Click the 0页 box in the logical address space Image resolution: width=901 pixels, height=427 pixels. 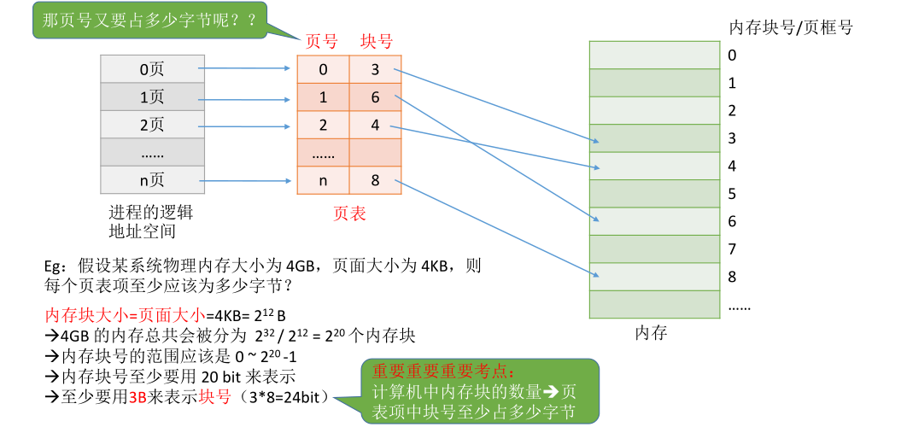(151, 69)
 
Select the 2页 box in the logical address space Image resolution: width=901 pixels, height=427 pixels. (151, 125)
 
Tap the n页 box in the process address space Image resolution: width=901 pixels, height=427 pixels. (151, 180)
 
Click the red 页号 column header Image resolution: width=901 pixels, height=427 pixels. (322, 41)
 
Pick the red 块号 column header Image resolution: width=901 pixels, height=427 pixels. (377, 41)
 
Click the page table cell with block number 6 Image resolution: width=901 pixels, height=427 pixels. (375, 97)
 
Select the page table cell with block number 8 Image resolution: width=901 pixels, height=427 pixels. (375, 180)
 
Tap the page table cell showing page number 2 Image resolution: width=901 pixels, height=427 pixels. (323, 125)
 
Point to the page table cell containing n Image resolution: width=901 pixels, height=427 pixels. (323, 180)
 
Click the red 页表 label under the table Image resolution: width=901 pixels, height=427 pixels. (349, 213)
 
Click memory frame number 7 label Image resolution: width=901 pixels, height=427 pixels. (732, 249)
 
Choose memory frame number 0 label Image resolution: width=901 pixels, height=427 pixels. (732, 56)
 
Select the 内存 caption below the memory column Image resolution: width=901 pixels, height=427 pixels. (651, 332)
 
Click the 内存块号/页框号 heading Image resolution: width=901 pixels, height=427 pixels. (790, 27)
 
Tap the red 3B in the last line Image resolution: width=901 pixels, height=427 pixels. (137, 396)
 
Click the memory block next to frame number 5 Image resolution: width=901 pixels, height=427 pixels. (653, 193)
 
